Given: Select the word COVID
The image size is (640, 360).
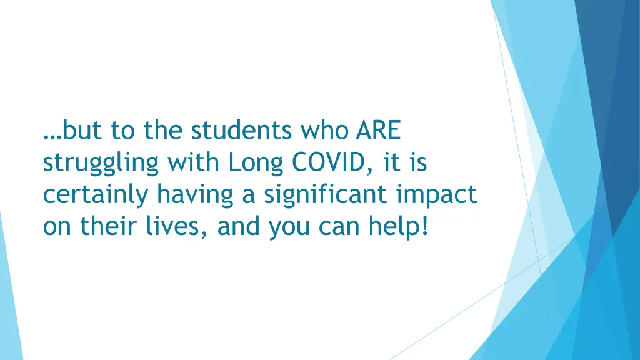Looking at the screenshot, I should [330, 162].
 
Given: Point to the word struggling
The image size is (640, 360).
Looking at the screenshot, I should [101, 164].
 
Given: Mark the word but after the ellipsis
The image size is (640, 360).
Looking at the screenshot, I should [83, 131].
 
